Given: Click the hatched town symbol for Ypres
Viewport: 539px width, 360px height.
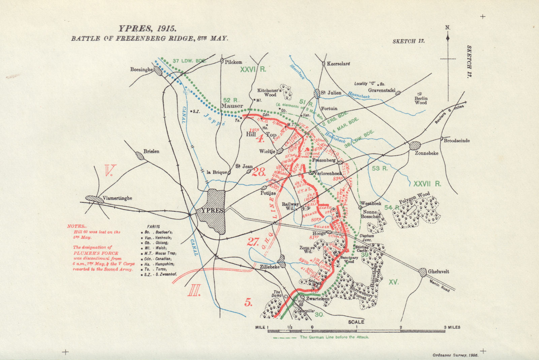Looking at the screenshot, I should [x=216, y=210].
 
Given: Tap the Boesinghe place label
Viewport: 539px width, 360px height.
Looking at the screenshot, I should [x=141, y=69].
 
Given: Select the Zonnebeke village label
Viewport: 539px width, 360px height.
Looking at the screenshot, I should [x=426, y=153].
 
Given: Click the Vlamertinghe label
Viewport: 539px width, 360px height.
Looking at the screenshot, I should [x=117, y=198].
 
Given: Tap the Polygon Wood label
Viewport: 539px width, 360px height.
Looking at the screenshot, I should [x=414, y=198].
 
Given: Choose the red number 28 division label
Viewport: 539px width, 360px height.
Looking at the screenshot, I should [x=259, y=172].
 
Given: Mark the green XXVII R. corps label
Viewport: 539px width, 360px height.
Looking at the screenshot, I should [x=427, y=184].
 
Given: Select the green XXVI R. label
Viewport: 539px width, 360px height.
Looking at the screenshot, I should [x=253, y=69].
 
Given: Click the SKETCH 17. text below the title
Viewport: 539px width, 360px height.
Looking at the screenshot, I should [x=408, y=41].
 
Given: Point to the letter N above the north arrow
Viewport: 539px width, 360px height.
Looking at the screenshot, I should [x=447, y=28].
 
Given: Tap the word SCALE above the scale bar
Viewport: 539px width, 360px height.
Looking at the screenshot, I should [x=356, y=322].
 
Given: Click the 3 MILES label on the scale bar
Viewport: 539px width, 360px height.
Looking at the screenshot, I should [x=452, y=327].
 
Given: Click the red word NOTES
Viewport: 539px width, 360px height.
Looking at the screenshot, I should [x=75, y=226].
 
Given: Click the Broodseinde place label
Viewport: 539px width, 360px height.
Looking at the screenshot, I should [x=456, y=140].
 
